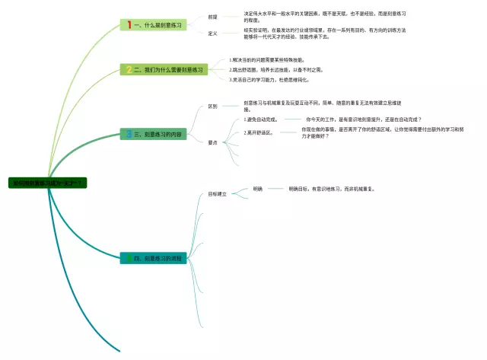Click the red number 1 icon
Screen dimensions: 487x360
pyautogui.click(x=129, y=25)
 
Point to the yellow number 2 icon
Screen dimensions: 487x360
pyautogui.click(x=129, y=69)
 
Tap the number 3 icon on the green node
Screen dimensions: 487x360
pyautogui.click(x=129, y=134)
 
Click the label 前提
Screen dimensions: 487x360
pyautogui.click(x=213, y=16)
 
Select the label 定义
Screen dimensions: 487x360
pyautogui.click(x=213, y=33)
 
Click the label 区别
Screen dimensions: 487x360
pyautogui.click(x=213, y=107)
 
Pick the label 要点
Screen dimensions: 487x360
pyautogui.click(x=213, y=142)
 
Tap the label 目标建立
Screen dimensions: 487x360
pyautogui.click(x=218, y=195)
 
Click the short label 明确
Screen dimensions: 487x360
pyautogui.click(x=257, y=188)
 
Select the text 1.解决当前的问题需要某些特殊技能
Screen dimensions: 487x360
pyautogui.click(x=267, y=59)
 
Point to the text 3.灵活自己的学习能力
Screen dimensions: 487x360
pyautogui.click(x=270, y=79)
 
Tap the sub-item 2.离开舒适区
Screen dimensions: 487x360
pyautogui.click(x=259, y=132)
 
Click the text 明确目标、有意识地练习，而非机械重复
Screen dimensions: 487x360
pyautogui.click(x=332, y=188)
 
